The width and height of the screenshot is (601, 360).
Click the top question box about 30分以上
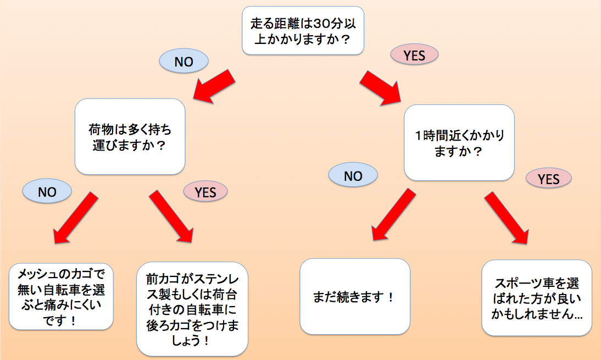[x=303, y=31]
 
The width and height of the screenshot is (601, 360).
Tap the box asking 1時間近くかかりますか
[x=459, y=143]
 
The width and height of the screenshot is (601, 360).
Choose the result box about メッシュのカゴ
[x=61, y=297]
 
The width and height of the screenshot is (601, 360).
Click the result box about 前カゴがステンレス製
[x=192, y=308]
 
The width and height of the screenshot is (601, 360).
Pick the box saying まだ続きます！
[x=355, y=297]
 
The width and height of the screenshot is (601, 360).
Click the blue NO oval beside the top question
[x=184, y=62]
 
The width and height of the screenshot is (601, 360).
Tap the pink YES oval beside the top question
[x=415, y=54]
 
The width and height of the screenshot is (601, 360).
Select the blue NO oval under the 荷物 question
[x=47, y=191]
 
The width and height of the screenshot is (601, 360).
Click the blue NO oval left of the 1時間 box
[x=353, y=176]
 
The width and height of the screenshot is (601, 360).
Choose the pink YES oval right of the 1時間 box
[x=548, y=179]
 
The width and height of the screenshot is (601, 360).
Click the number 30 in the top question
[x=320, y=24]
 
